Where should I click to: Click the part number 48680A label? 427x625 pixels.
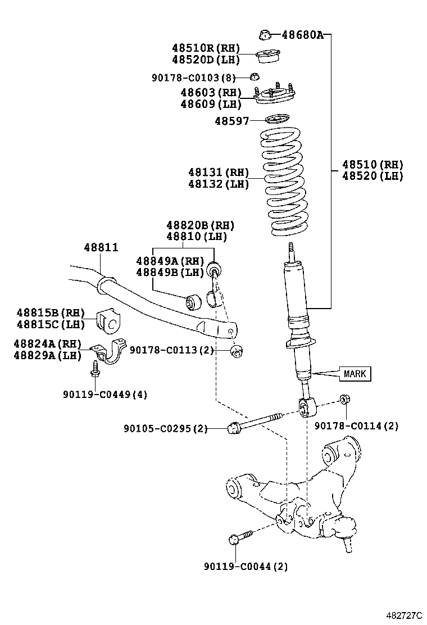[302, 35]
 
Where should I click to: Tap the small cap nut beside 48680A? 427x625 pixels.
[265, 35]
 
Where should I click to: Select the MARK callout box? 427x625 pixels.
[355, 373]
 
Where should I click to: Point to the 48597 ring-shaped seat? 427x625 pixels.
[277, 119]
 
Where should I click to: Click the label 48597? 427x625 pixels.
[231, 120]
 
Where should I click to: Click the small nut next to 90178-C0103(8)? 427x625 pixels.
[255, 76]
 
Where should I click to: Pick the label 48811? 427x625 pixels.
[101, 247]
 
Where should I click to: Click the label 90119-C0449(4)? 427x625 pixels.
[105, 395]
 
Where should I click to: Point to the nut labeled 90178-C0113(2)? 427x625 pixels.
[237, 351]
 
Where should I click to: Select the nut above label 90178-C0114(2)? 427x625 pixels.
[344, 401]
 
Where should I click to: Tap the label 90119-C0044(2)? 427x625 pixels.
[246, 567]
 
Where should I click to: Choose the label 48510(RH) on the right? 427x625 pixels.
[373, 165]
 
